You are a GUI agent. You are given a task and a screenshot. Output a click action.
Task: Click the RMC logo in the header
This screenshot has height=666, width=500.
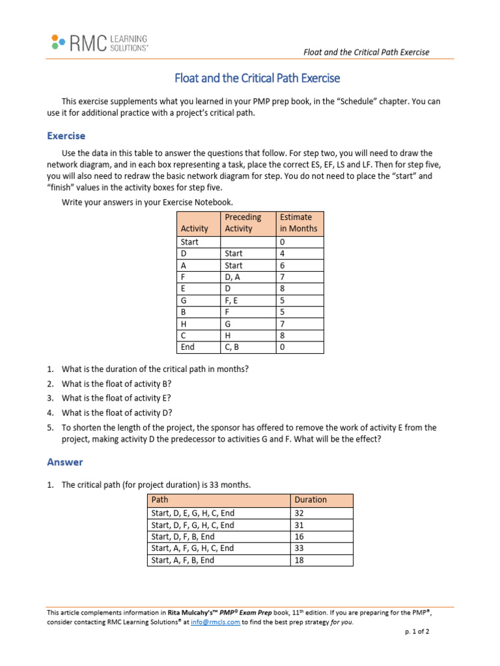click(x=99, y=43)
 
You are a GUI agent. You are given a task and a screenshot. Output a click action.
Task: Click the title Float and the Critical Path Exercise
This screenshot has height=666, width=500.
click(x=257, y=78)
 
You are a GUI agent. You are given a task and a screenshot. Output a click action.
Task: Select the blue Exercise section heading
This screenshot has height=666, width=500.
click(x=66, y=136)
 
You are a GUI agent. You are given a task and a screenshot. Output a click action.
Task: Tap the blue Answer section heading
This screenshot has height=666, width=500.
click(x=65, y=462)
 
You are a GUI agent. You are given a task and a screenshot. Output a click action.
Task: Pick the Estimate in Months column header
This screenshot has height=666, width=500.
click(x=298, y=222)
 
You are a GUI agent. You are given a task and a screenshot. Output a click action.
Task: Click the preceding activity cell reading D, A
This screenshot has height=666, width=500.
click(x=233, y=277)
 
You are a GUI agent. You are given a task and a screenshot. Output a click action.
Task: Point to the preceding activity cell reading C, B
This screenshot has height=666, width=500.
click(x=232, y=347)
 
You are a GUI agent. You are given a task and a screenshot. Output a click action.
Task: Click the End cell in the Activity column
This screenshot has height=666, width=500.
click(x=189, y=347)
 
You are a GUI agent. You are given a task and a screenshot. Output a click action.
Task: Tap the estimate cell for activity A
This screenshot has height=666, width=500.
click(x=283, y=265)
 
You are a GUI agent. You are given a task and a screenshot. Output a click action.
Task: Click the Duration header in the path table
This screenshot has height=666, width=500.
click(x=311, y=499)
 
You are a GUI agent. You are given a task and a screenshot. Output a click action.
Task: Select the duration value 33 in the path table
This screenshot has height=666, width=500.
click(x=300, y=548)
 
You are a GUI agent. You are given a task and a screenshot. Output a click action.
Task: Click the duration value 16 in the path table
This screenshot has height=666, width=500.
click(x=300, y=537)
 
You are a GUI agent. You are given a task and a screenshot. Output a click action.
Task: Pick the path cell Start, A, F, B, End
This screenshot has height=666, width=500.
click(x=183, y=560)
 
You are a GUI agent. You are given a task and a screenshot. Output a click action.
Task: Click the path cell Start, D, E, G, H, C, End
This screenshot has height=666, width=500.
click(x=193, y=513)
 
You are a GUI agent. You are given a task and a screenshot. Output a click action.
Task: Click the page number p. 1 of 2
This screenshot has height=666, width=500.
click(x=417, y=632)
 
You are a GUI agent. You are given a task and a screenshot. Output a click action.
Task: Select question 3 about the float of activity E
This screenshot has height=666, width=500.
click(x=117, y=398)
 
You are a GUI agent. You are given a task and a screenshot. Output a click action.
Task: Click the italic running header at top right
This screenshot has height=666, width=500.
click(x=367, y=52)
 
